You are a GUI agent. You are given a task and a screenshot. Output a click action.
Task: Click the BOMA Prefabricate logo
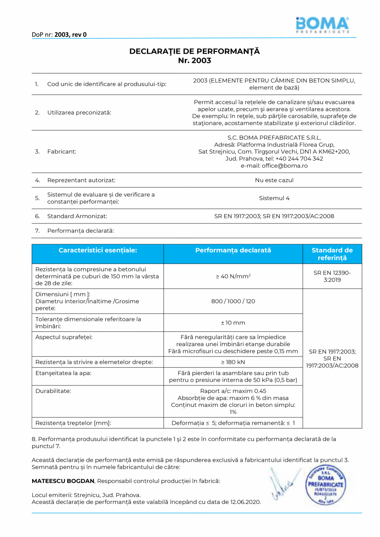click(323, 25)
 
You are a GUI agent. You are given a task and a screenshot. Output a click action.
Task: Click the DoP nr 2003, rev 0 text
click(59, 35)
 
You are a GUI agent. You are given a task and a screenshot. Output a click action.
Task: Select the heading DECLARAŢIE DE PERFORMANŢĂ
click(195, 52)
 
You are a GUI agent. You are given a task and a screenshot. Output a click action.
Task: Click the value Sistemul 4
click(274, 198)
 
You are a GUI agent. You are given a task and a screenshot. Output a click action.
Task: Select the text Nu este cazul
click(274, 180)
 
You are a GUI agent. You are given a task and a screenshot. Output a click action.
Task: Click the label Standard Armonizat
click(77, 216)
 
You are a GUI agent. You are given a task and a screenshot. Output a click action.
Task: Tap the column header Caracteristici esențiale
click(97, 250)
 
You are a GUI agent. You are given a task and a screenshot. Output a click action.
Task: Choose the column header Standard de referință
click(332, 254)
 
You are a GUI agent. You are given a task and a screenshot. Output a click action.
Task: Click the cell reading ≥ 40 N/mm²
click(233, 276)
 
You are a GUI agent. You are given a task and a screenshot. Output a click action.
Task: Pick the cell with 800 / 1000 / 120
click(233, 301)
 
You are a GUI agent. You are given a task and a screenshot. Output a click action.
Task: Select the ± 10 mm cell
click(233, 323)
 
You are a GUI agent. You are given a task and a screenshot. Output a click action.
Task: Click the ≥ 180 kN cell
click(233, 362)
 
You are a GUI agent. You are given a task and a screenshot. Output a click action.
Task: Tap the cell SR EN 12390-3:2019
click(332, 276)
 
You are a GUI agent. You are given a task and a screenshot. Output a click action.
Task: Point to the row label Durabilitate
click(53, 390)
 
